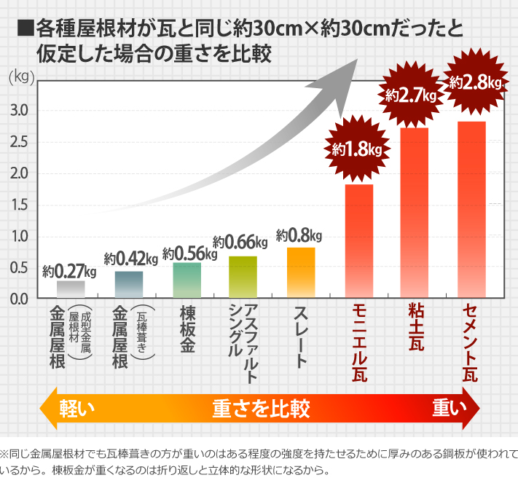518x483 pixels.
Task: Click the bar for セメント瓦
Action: (x=471, y=210)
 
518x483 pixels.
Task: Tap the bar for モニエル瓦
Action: (x=358, y=241)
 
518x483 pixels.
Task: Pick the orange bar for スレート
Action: (x=301, y=272)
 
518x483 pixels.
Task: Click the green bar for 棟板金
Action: (x=187, y=280)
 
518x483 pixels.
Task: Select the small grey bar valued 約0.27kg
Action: (x=71, y=288)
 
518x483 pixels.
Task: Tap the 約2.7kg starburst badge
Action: (x=411, y=95)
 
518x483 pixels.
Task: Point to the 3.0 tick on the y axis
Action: (x=19, y=111)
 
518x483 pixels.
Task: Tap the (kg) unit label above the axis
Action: (x=20, y=76)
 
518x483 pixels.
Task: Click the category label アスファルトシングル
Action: (x=243, y=339)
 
